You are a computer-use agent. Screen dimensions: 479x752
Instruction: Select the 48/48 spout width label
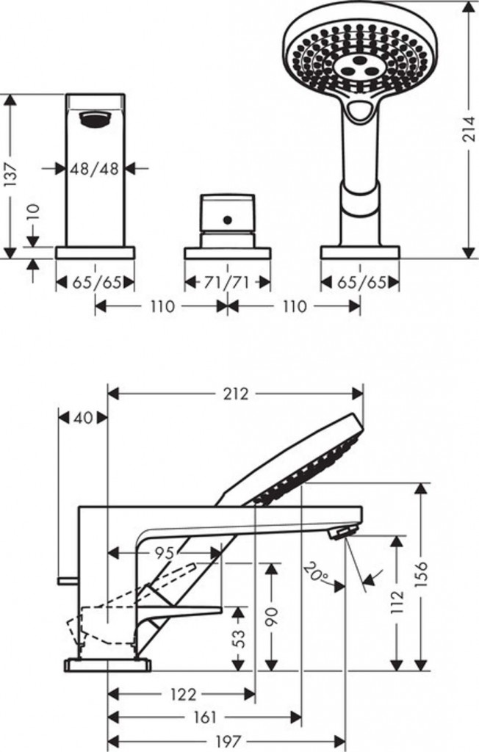[x=95, y=168]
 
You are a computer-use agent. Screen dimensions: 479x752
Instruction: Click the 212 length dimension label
[x=236, y=394]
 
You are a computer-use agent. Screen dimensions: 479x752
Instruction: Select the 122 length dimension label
[x=183, y=693]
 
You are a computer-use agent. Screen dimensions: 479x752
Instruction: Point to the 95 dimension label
[x=165, y=554]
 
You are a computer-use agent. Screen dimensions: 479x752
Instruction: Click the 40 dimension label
[x=83, y=418]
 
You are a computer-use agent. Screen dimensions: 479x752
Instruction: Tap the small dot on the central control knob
[x=227, y=220]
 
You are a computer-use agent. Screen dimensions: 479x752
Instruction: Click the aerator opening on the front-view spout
[x=95, y=118]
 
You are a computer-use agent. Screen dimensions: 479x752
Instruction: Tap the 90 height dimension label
[x=272, y=617]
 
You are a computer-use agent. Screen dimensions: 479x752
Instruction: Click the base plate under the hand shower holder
[x=360, y=253]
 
